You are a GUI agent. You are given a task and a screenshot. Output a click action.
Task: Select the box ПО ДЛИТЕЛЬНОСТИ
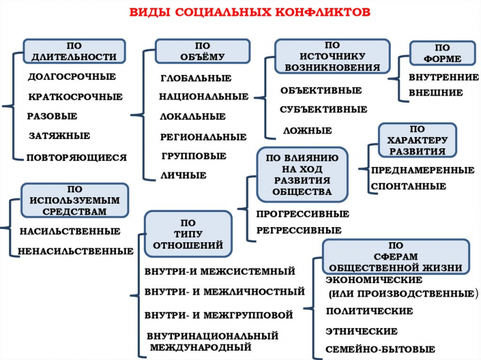(x=74, y=52)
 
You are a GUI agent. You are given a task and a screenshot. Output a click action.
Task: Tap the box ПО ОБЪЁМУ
(x=202, y=52)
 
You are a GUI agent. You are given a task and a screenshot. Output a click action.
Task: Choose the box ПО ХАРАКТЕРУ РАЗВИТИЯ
(x=417, y=140)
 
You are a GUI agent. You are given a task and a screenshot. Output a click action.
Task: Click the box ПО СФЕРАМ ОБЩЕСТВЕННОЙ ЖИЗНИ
(x=396, y=256)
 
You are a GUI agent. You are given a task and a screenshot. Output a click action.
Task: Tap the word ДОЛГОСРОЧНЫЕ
(x=72, y=77)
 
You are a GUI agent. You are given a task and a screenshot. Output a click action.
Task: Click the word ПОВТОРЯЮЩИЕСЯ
(x=76, y=158)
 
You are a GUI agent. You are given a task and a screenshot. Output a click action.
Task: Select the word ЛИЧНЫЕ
(x=184, y=175)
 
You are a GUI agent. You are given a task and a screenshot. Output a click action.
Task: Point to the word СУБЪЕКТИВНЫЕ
(x=323, y=110)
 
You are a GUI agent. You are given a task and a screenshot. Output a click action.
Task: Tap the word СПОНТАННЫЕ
(x=408, y=186)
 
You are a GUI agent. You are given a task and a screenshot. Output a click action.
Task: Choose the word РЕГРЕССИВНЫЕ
(x=299, y=230)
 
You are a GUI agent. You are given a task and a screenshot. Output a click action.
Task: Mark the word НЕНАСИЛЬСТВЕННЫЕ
(x=75, y=251)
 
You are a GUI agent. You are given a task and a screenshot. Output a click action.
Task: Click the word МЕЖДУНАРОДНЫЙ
(x=200, y=347)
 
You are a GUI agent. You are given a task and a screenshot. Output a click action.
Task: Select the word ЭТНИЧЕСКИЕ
(x=361, y=331)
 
